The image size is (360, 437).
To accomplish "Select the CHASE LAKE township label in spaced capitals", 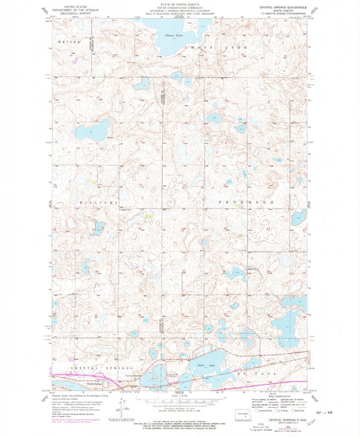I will coord(220,48).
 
